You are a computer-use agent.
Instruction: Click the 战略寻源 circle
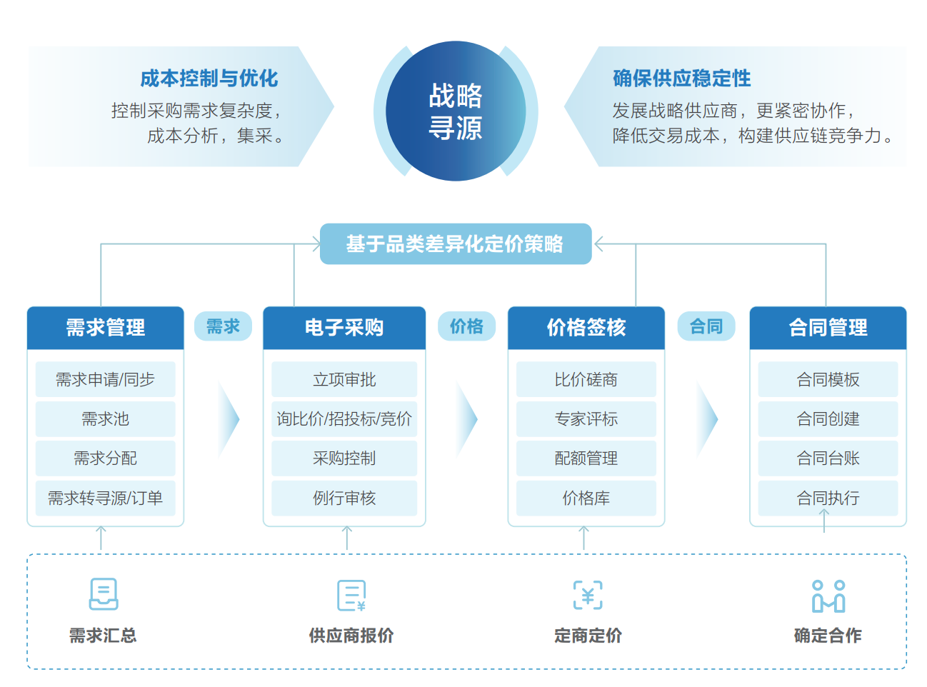(x=456, y=111)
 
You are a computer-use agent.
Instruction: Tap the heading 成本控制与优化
(x=209, y=79)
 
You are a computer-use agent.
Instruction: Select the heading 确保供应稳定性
(x=681, y=79)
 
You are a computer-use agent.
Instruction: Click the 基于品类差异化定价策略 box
(x=456, y=244)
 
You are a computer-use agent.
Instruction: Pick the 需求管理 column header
(x=106, y=328)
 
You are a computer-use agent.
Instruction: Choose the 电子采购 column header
(x=344, y=328)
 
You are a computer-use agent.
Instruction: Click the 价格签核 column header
(x=586, y=328)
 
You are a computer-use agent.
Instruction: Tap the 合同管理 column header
(x=828, y=328)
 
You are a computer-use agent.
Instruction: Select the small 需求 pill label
(x=223, y=326)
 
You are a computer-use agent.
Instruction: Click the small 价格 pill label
(x=466, y=326)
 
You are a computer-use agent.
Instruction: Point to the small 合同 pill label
(x=706, y=326)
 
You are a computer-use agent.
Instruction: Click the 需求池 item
(x=106, y=419)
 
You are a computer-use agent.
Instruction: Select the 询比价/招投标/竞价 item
(x=344, y=419)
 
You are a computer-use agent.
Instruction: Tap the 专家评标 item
(x=586, y=419)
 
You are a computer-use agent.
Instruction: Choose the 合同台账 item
(x=828, y=458)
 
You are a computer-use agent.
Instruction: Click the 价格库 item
(x=586, y=498)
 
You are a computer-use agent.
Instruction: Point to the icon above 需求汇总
(x=104, y=594)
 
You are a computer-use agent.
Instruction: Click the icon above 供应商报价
(x=351, y=596)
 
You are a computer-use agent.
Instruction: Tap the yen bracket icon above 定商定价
(x=588, y=595)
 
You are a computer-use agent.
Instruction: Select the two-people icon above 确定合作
(x=828, y=596)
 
